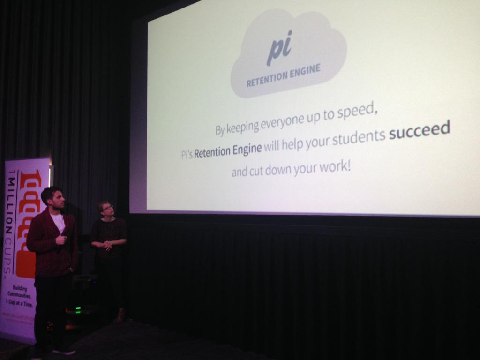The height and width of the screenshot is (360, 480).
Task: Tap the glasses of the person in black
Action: pyautogui.click(x=107, y=208)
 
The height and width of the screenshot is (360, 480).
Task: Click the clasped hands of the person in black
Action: pyautogui.click(x=108, y=245)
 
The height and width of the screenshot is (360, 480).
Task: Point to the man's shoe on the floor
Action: pyautogui.click(x=64, y=350)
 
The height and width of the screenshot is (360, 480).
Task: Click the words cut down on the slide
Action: pyautogui.click(x=262, y=170)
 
